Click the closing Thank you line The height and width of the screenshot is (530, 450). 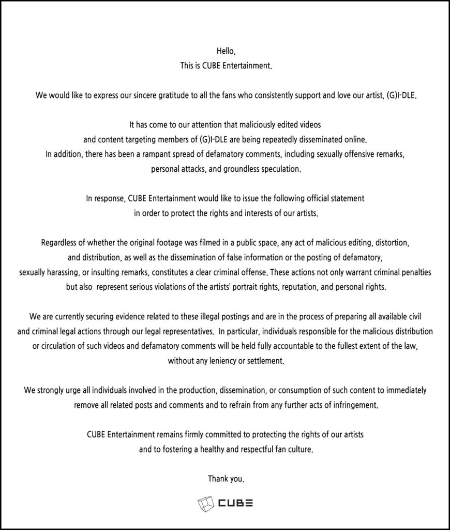click(226, 479)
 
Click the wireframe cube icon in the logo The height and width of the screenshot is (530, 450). click(205, 503)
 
